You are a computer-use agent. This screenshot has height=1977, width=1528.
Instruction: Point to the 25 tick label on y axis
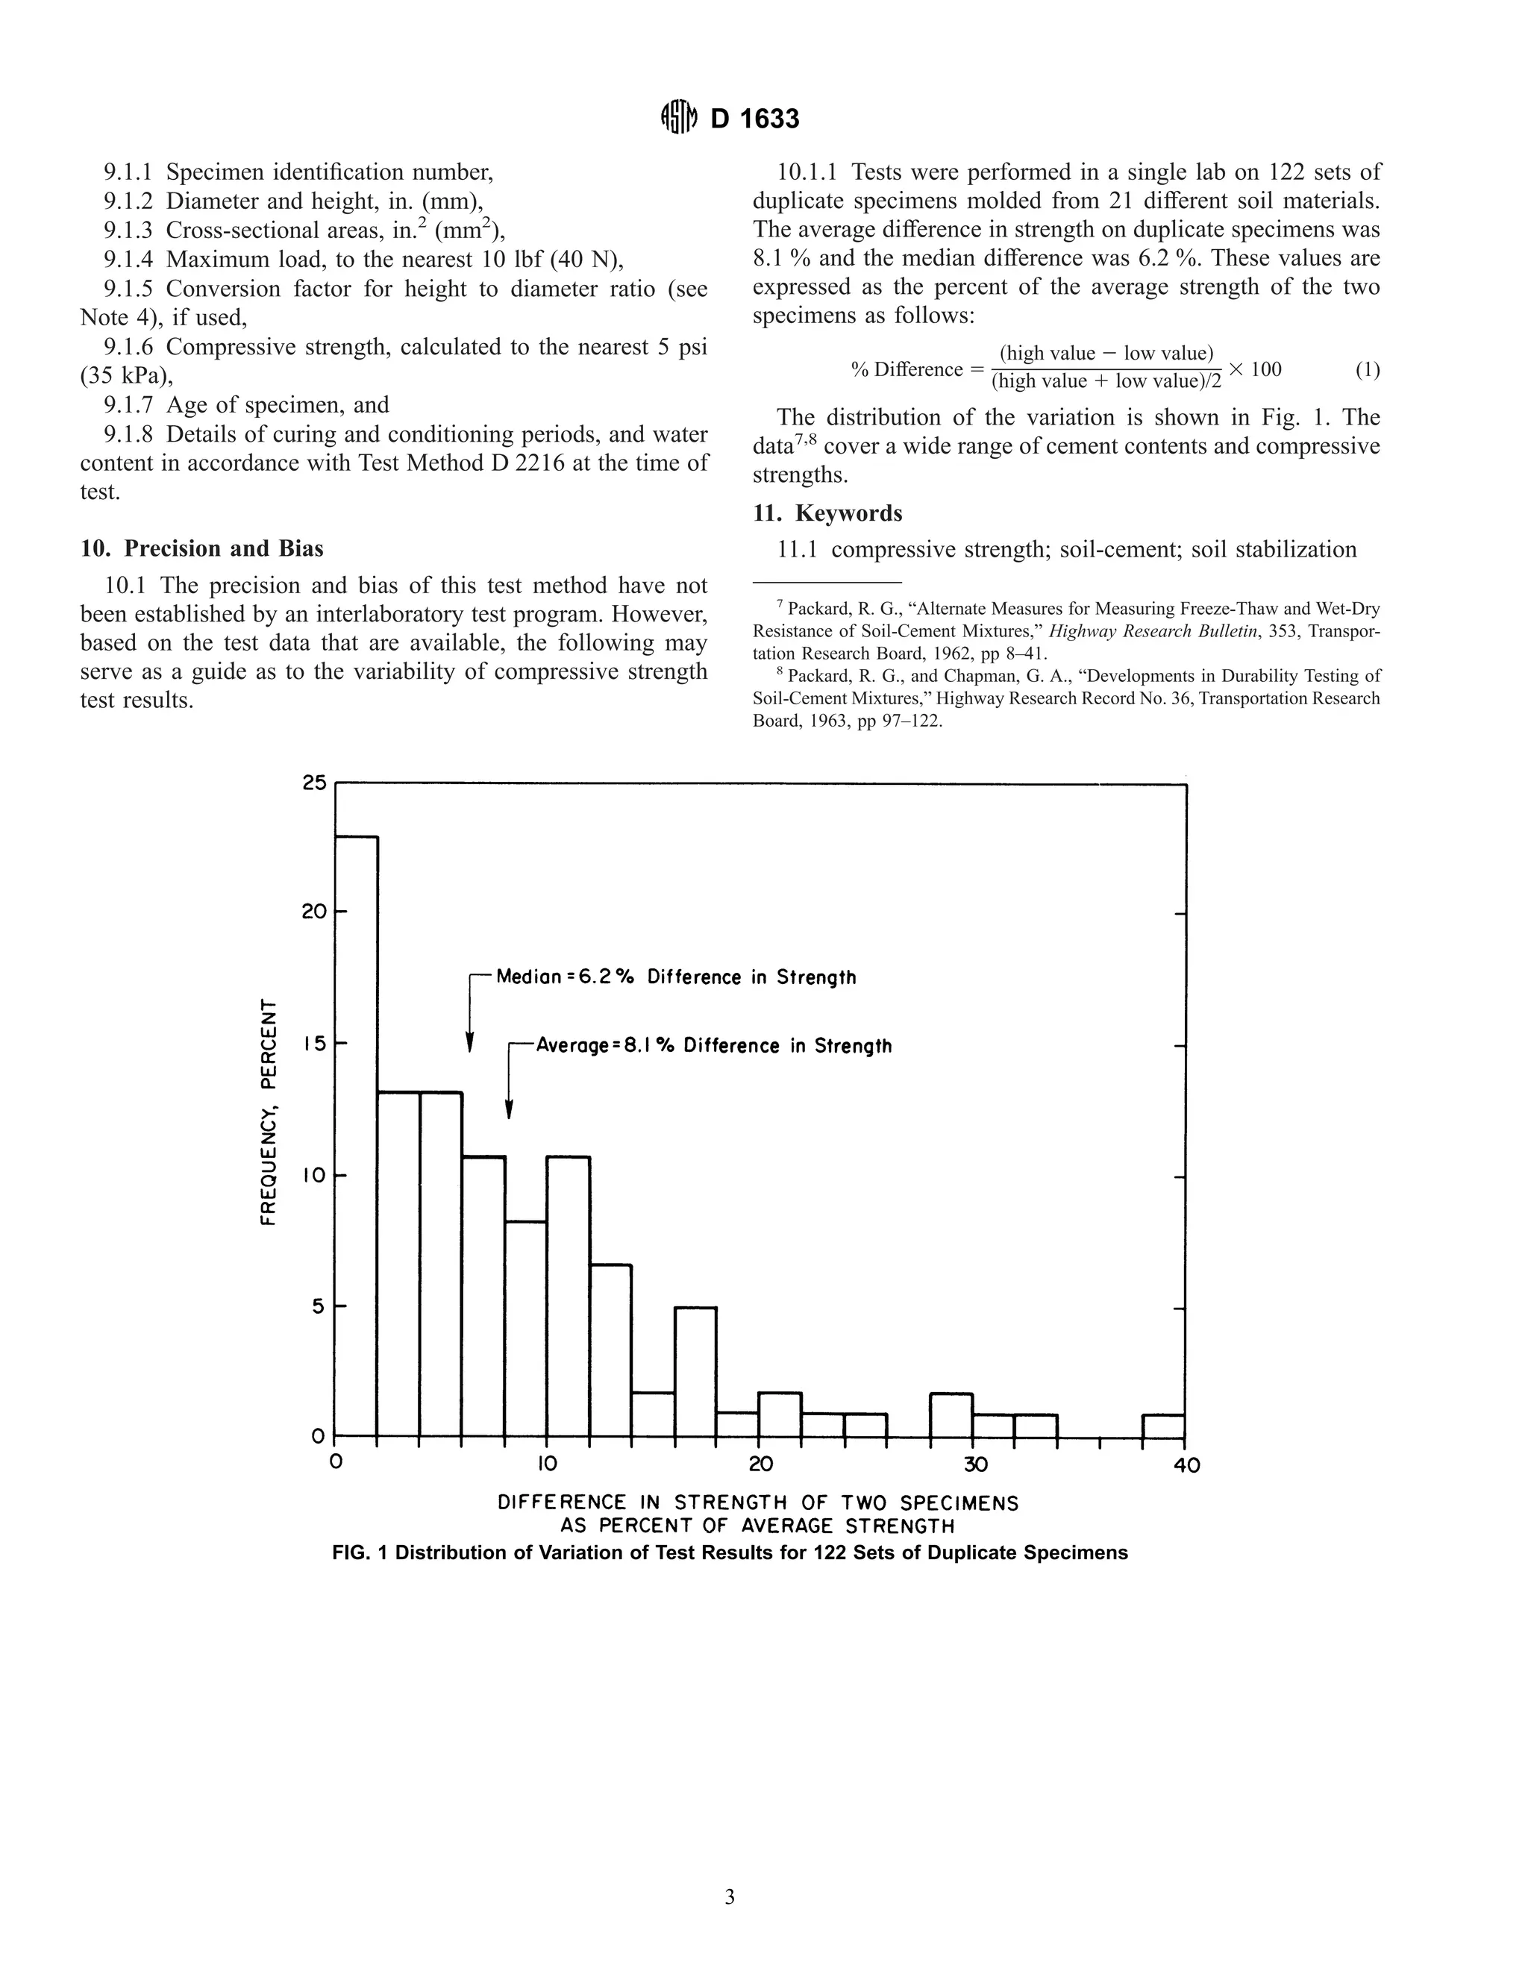point(314,783)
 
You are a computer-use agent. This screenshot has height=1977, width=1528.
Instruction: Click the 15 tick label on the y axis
point(314,1044)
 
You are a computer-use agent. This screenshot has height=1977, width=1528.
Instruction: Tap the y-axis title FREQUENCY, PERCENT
point(268,1112)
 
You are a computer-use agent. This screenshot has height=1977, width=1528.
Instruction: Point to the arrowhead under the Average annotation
point(509,1110)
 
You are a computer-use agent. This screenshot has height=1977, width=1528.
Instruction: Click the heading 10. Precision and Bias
point(202,548)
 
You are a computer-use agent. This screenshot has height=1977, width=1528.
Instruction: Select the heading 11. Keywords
point(827,513)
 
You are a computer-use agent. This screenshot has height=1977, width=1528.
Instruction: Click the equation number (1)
point(1367,369)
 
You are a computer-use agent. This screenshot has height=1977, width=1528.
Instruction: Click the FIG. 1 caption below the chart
point(730,1553)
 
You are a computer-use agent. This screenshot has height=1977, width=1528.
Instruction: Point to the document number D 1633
point(754,119)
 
